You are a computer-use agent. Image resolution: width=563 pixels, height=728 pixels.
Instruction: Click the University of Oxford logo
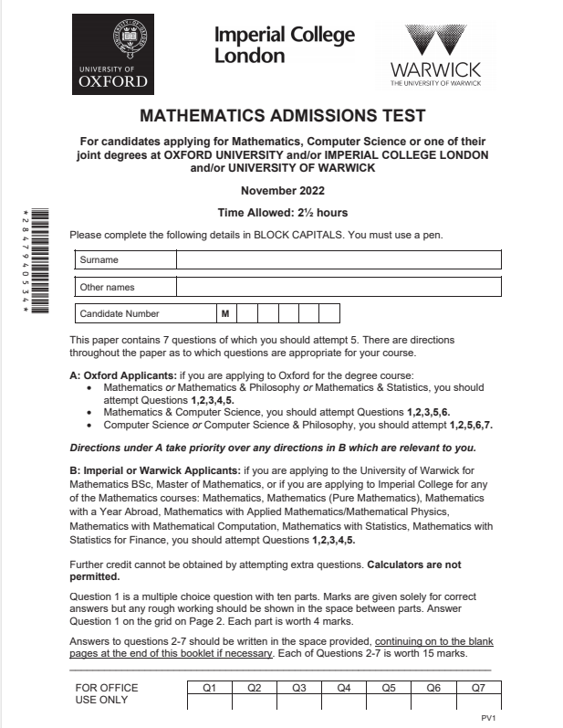(x=113, y=56)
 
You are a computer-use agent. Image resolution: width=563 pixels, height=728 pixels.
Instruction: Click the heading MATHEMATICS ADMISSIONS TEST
(x=283, y=117)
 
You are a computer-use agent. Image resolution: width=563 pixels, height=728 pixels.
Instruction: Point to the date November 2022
(x=282, y=191)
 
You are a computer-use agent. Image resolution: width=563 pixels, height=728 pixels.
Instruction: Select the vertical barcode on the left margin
(x=36, y=264)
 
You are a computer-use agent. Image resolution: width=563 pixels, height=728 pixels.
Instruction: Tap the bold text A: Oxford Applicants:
(x=121, y=375)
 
